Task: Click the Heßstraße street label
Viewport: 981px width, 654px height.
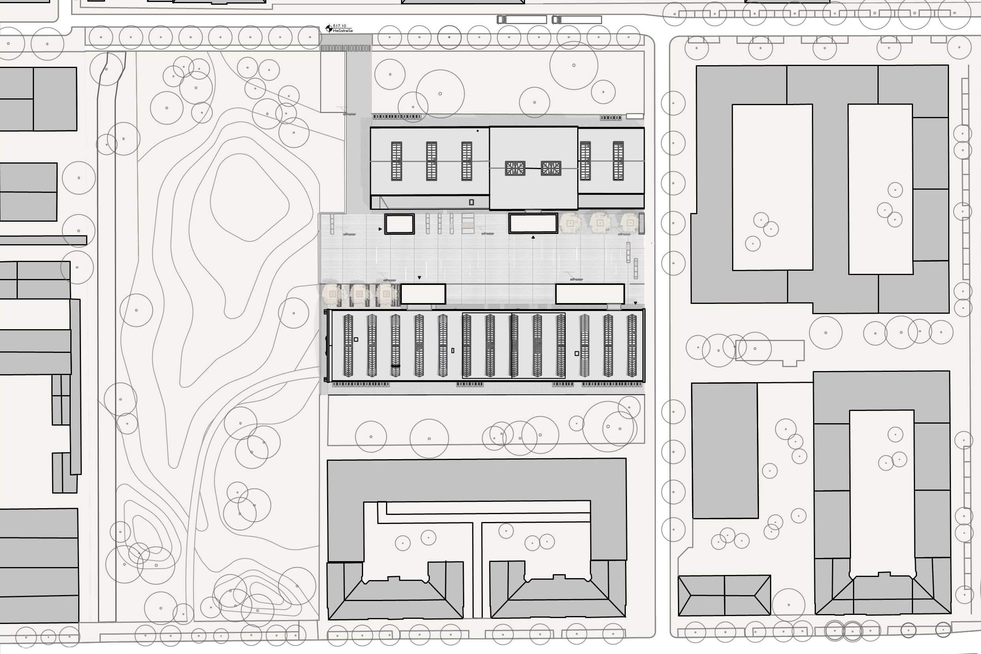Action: (343, 31)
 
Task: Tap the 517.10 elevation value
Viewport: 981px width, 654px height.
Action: (339, 26)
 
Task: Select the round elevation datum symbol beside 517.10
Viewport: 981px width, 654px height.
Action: (329, 28)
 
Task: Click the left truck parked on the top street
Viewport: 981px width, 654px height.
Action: (522, 20)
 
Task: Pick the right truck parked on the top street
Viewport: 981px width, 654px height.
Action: (576, 20)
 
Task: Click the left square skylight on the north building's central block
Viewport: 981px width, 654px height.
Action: (515, 168)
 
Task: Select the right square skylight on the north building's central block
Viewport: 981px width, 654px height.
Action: (551, 168)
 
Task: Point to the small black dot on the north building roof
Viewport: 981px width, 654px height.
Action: (477, 131)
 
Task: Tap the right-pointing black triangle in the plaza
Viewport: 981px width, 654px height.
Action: (380, 229)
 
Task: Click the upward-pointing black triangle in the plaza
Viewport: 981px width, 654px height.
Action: (533, 237)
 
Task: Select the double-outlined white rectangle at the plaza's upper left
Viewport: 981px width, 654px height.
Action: (399, 224)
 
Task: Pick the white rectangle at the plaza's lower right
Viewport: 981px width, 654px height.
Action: (590, 294)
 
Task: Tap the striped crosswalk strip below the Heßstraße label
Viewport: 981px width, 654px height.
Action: (345, 48)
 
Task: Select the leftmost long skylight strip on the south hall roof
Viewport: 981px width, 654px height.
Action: (348, 345)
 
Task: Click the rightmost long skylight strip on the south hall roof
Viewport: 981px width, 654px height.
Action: (632, 345)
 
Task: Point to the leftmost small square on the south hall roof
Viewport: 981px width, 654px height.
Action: (356, 339)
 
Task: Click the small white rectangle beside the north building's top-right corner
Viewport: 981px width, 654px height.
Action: (635, 116)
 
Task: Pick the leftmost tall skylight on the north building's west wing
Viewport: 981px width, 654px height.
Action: (397, 161)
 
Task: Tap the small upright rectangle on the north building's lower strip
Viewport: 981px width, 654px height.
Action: (471, 202)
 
